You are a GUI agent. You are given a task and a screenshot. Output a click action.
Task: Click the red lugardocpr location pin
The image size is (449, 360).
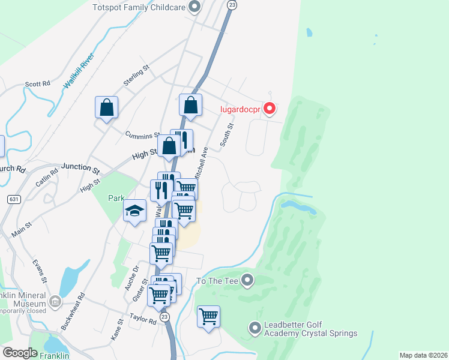coord(270,108)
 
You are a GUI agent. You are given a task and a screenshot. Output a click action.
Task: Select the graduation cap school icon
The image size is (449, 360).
coord(135,211)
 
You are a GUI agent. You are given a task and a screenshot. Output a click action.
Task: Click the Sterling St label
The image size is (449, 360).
coord(136,77)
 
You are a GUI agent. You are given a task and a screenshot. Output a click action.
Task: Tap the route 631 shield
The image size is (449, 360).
coord(13,199)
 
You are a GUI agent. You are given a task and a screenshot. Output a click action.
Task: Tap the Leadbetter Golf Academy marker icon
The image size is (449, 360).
coord(255,328)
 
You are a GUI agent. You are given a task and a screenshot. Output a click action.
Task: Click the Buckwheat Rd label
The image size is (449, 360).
coord(73,311)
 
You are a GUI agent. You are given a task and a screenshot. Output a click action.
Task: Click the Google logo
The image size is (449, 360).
coord(20,353)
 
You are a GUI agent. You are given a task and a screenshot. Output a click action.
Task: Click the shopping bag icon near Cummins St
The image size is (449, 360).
coord(106,108)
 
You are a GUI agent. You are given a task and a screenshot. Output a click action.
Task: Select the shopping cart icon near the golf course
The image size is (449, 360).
coord(208,316)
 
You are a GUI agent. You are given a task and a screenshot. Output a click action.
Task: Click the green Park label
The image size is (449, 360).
coord(116,198)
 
